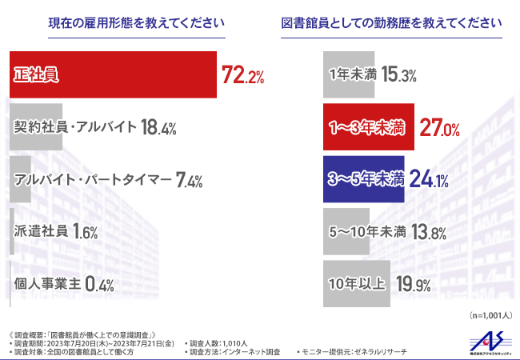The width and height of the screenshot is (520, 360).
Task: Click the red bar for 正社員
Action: tap(112, 75)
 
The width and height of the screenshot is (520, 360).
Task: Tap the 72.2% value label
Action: tap(242, 76)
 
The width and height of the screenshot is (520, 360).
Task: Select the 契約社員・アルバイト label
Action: tap(74, 126)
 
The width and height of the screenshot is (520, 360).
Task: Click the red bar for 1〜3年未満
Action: tap(370, 127)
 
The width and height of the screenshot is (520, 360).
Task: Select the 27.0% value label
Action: tap(439, 127)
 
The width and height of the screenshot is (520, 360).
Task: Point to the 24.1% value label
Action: tap(427, 180)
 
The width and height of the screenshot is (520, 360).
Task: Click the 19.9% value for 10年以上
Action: tap(413, 283)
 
